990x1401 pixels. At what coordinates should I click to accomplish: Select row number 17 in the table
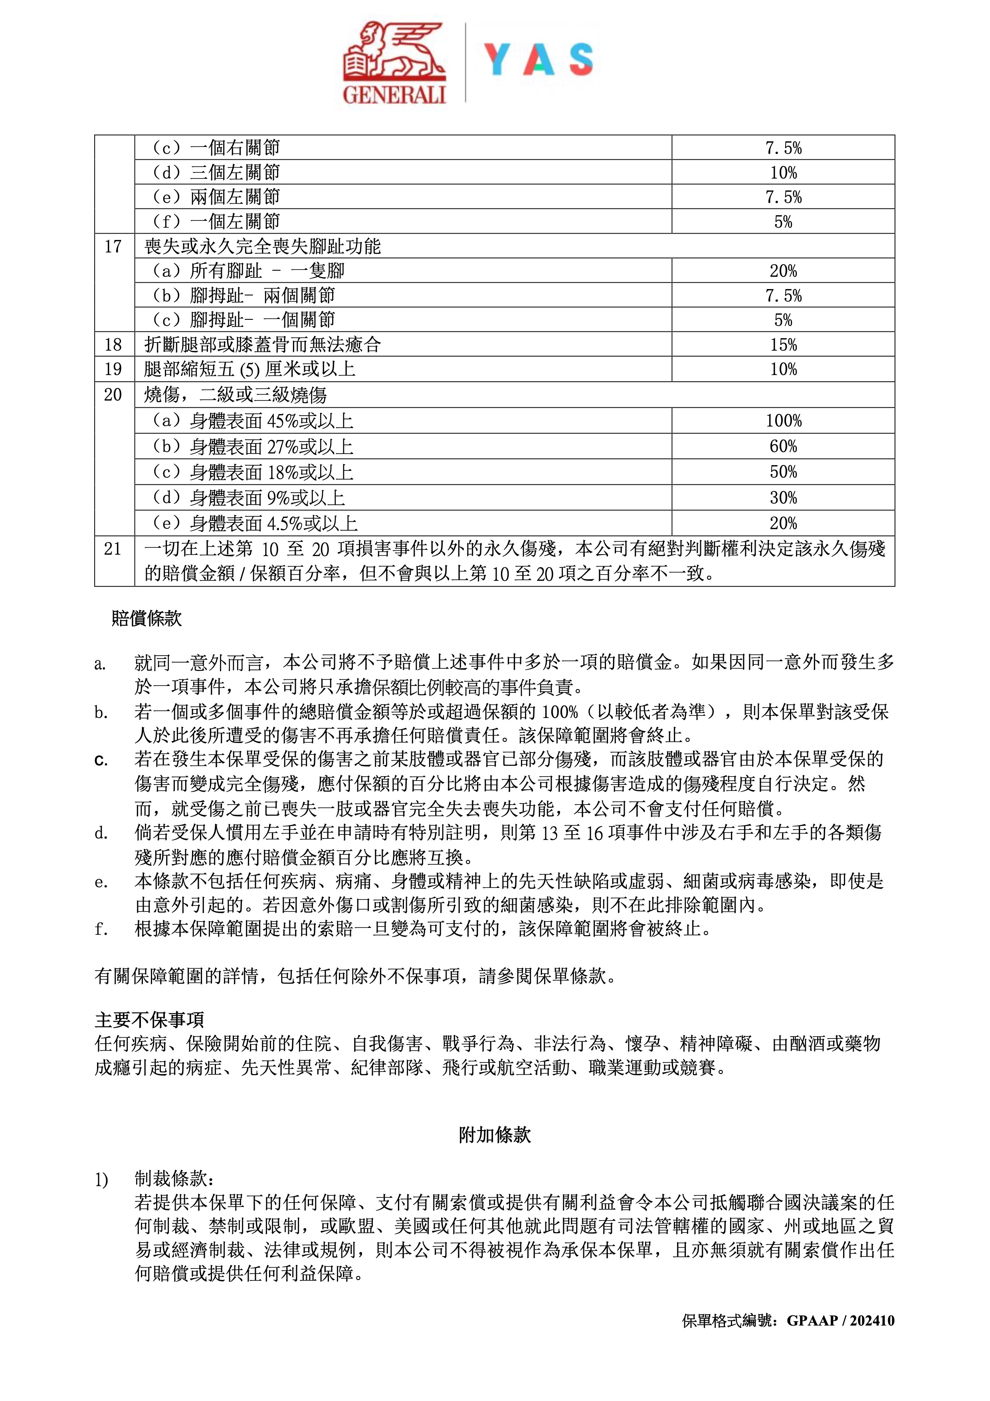[113, 246]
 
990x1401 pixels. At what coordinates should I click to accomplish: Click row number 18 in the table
[113, 345]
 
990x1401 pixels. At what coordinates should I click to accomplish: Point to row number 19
[113, 369]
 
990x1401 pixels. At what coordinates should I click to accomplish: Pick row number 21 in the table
[113, 549]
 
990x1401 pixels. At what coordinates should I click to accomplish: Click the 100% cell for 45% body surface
[783, 421]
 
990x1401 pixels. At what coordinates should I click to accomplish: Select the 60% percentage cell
[783, 447]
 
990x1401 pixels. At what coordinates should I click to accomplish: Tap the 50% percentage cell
[783, 472]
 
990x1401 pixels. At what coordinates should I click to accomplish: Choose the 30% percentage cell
[783, 498]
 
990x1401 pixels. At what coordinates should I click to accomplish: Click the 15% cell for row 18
[783, 345]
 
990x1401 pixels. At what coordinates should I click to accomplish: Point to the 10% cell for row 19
[783, 369]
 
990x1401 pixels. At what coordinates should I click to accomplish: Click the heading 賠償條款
[147, 619]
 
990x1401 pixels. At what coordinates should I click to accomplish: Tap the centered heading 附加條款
[495, 1135]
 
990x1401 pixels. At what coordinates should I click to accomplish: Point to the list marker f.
[101, 929]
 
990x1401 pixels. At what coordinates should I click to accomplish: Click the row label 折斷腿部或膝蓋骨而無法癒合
[262, 345]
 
